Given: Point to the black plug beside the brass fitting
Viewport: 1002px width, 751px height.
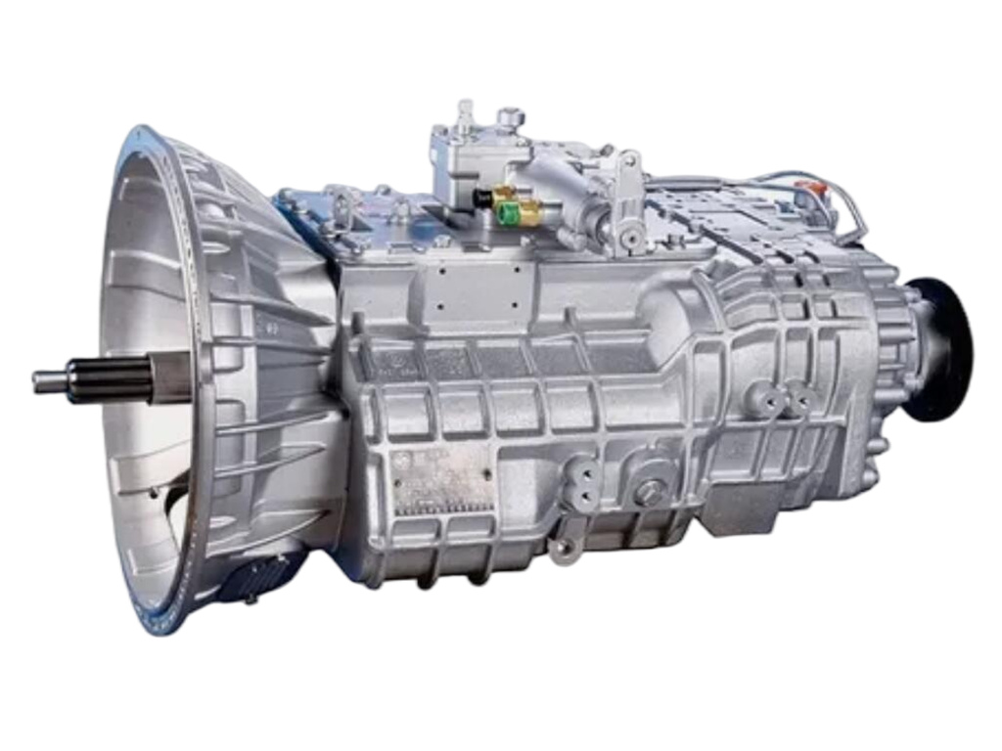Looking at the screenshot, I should point(482,198).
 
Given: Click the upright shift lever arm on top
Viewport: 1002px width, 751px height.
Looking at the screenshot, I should point(631,200).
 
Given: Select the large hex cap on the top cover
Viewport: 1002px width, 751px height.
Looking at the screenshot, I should point(510,118).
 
